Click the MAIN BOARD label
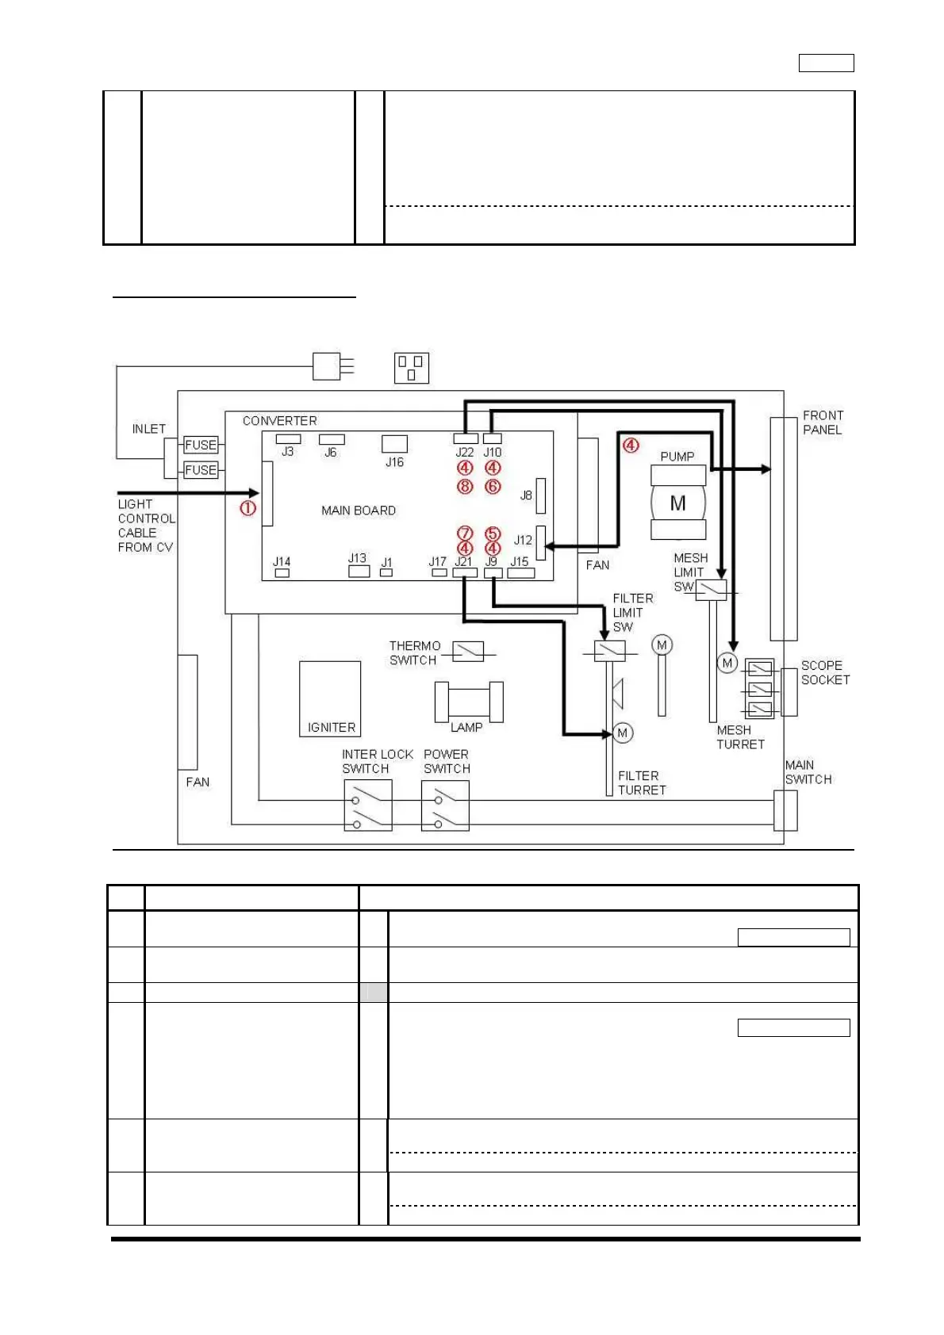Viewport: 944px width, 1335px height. [358, 511]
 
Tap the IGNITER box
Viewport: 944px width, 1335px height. [330, 698]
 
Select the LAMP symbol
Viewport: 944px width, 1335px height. [469, 702]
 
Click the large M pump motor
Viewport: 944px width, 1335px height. [678, 503]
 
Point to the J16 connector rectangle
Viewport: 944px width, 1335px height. [394, 443]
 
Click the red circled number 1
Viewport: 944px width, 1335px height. [248, 508]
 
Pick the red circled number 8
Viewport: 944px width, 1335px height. [465, 486]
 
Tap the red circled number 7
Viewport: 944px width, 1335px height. [465, 533]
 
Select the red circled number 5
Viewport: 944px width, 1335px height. [493, 533]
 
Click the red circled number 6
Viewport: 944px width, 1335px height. [493, 486]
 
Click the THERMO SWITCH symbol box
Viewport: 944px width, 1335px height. [468, 652]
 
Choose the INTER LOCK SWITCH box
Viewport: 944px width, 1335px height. [368, 805]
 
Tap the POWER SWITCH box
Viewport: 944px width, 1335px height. [445, 805]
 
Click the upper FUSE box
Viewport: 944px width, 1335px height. [201, 445]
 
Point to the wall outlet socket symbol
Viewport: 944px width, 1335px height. [412, 368]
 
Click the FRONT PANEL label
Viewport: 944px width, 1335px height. [823, 422]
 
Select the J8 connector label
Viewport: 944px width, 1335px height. [525, 495]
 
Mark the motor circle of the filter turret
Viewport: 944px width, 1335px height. [623, 733]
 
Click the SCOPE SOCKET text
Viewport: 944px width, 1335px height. [825, 672]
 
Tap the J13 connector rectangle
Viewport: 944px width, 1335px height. [359, 571]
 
